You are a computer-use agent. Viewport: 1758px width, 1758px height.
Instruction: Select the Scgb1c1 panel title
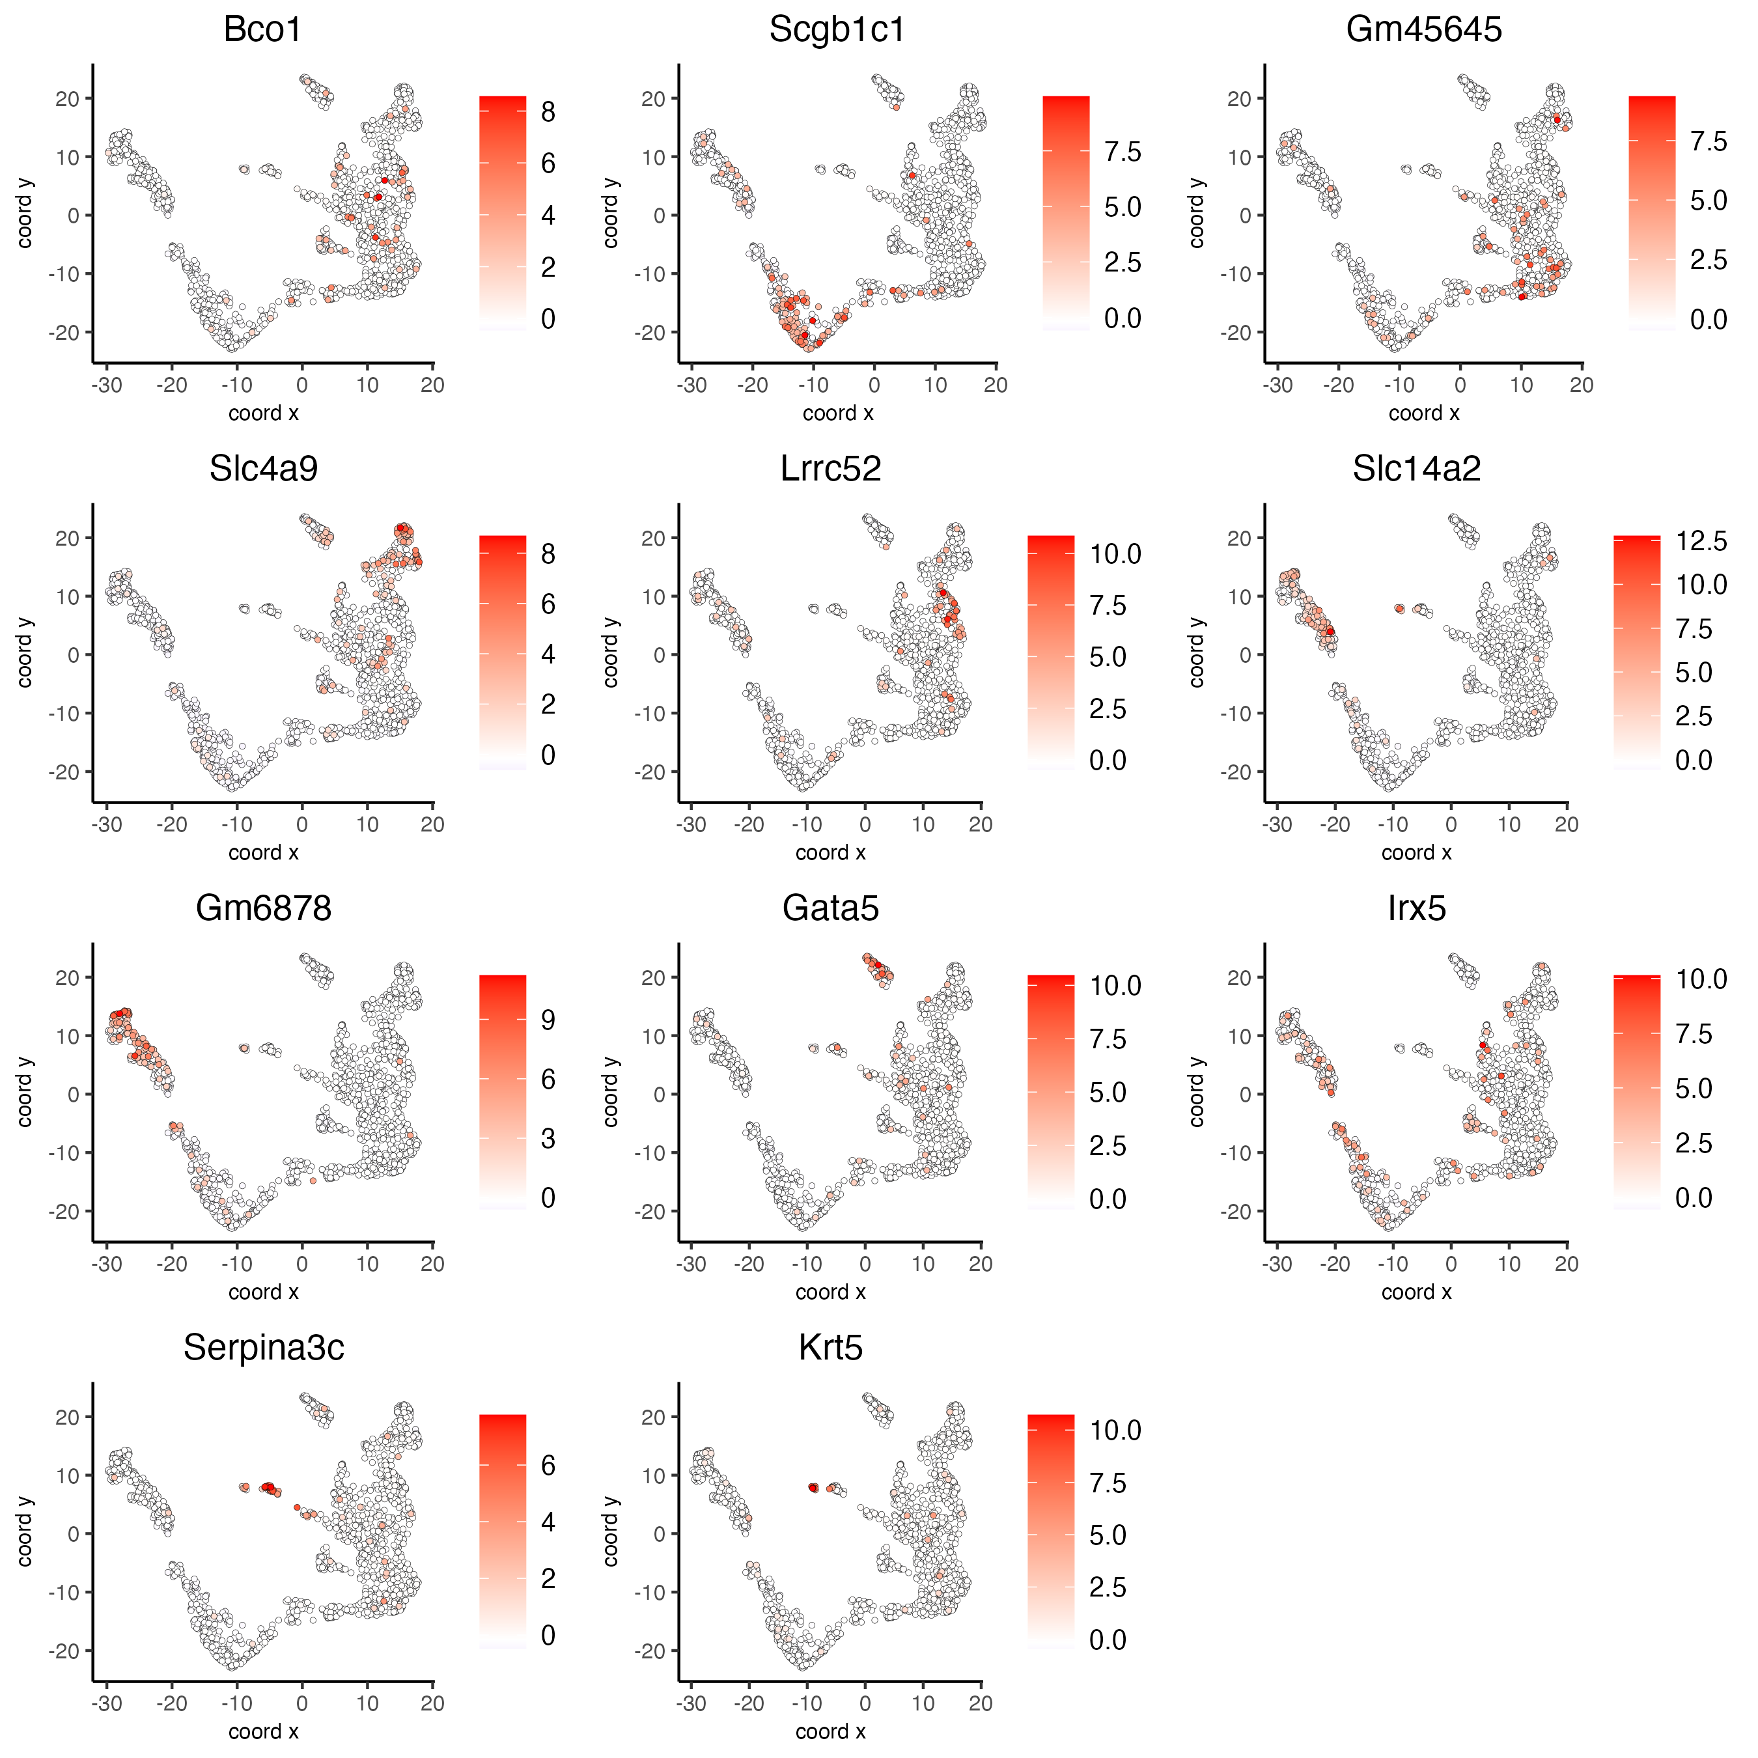[x=837, y=30]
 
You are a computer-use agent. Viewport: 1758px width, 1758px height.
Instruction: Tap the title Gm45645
[x=1423, y=30]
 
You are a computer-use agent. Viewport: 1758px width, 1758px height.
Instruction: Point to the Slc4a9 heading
[x=263, y=469]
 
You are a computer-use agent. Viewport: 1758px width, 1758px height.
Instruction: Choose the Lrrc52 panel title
[x=830, y=469]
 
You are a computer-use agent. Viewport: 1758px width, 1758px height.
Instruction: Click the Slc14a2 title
[x=1416, y=469]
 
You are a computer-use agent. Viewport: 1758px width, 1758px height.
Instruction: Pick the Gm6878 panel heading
[x=263, y=909]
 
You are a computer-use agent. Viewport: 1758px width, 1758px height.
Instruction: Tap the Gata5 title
[x=830, y=909]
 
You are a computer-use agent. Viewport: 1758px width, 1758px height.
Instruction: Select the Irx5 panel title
[x=1416, y=909]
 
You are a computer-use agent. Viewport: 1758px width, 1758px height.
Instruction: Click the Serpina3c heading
[x=263, y=1348]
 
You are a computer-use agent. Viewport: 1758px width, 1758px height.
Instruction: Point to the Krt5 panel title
[x=830, y=1348]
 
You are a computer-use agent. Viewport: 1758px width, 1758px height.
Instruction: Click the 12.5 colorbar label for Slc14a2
[x=1701, y=542]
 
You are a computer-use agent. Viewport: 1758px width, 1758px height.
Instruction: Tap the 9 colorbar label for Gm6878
[x=548, y=1020]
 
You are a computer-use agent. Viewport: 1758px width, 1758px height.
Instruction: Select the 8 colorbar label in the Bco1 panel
[x=548, y=112]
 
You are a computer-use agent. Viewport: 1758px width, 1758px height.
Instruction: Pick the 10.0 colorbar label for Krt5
[x=1115, y=1430]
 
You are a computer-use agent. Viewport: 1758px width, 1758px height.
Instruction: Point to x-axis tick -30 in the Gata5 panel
[x=691, y=1264]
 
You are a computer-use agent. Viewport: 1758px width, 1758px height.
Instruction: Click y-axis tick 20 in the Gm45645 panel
[x=1239, y=98]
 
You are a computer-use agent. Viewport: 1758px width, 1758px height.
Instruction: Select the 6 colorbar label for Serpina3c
[x=548, y=1465]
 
